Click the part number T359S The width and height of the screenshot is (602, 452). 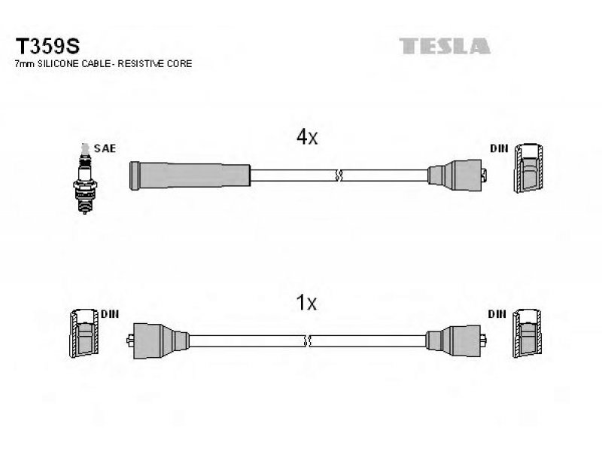pos(47,47)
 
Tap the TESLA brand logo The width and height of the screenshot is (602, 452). pos(445,46)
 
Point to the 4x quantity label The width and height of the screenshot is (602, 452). pos(307,137)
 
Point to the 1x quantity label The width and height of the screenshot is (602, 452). pos(306,303)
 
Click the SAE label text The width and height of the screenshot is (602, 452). pos(105,148)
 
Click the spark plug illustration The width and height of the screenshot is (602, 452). pos(85,179)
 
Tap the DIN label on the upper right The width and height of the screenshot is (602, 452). pos(499,148)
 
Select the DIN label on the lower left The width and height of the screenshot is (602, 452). pos(110,314)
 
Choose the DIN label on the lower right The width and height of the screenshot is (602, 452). pos(497,314)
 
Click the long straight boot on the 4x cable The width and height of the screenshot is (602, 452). pos(190,176)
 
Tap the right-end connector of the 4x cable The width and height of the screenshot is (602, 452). pos(458,176)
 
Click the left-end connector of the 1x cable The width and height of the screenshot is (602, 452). pos(157,341)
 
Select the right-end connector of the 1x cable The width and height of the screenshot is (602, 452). pos(456,341)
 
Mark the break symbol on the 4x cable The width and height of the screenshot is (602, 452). pos(339,176)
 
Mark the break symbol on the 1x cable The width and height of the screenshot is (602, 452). pos(307,341)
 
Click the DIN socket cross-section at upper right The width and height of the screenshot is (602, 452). pos(529,167)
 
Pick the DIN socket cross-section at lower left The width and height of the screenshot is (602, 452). pos(84,333)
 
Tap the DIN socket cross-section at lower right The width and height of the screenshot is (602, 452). pos(528,333)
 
